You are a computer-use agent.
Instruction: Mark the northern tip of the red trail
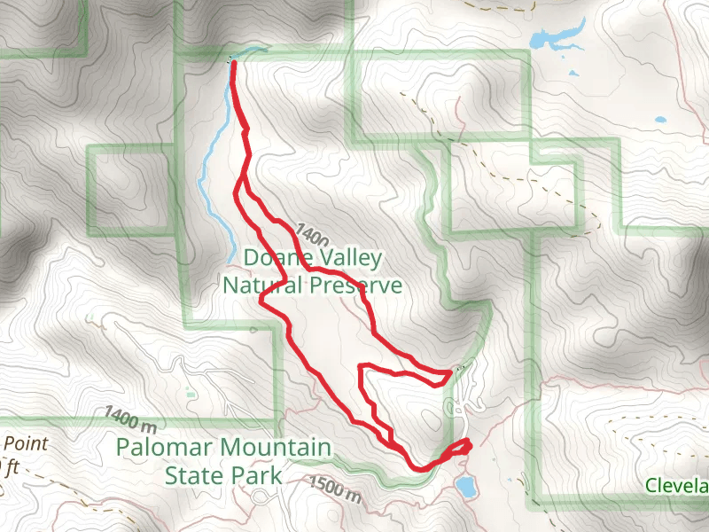pos(233,62)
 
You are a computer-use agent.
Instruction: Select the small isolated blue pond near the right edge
pos(658,120)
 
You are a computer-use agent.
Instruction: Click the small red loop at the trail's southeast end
pos(460,448)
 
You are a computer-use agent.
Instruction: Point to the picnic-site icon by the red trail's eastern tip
pos(459,367)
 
